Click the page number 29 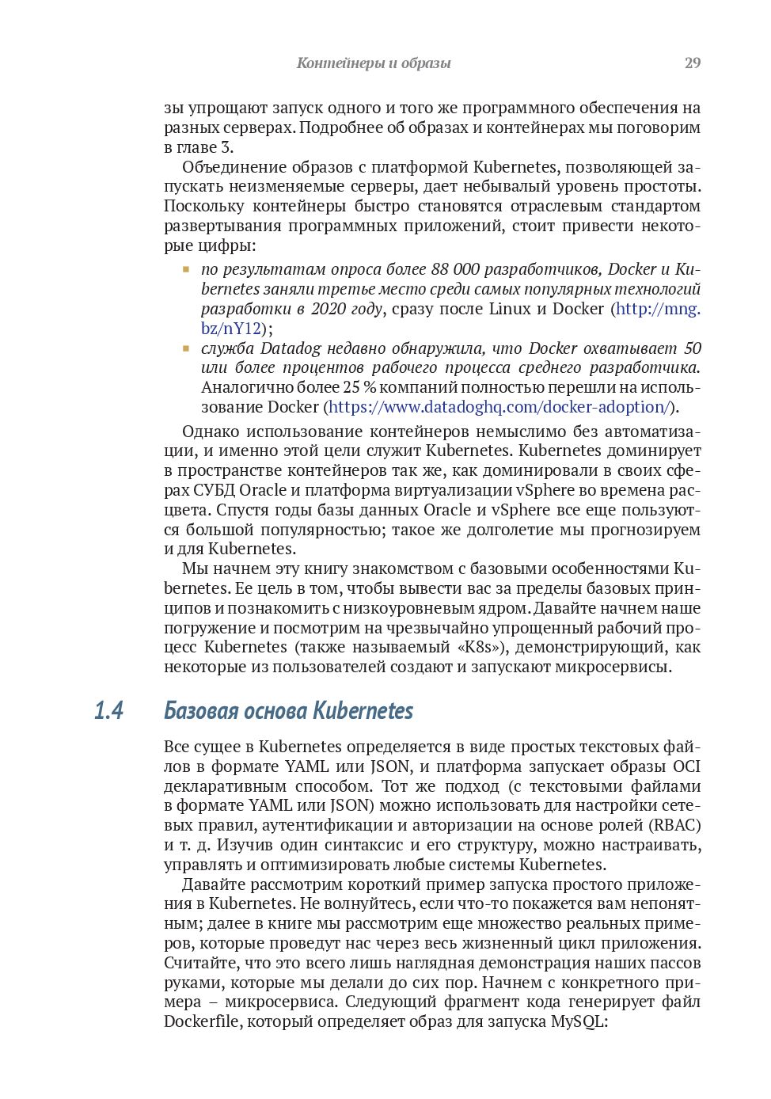(x=692, y=63)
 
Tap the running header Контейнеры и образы (x=373, y=63)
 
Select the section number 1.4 (x=108, y=710)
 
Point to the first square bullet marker (x=186, y=270)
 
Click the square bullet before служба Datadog (x=186, y=348)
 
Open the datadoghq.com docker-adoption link (x=499, y=407)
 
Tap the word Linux (x=510, y=309)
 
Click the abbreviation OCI (x=686, y=766)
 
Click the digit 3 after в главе (x=226, y=147)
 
